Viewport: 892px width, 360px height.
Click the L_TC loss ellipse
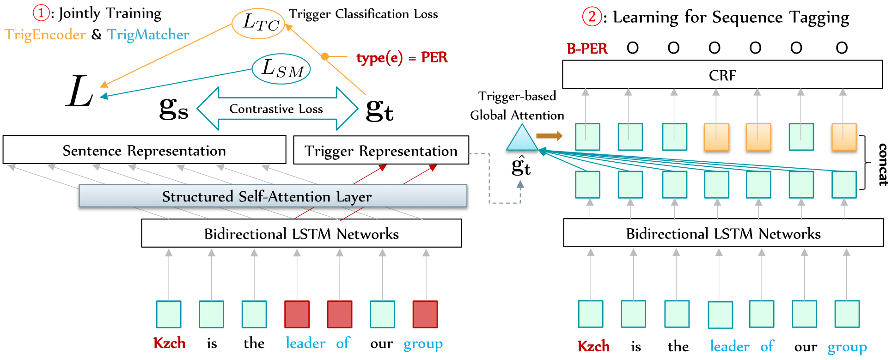(258, 23)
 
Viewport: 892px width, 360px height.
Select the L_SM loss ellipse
(281, 69)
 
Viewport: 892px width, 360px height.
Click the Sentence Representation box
(144, 150)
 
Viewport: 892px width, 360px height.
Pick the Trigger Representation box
(381, 150)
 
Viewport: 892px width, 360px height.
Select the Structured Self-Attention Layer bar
(273, 196)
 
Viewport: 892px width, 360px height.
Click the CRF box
(722, 74)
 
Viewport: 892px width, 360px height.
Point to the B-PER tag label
(587, 48)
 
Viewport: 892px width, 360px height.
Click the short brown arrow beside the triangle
(549, 135)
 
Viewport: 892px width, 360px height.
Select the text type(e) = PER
(402, 57)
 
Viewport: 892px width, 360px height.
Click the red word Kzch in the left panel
(169, 343)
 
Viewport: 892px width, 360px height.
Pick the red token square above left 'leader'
(297, 314)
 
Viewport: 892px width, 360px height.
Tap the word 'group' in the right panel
(847, 347)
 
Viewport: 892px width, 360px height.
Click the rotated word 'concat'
(882, 165)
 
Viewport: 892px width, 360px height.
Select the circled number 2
(592, 17)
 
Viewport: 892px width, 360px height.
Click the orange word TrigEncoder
(45, 35)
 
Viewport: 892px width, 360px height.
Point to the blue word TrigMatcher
(148, 35)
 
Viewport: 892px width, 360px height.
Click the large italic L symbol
(79, 92)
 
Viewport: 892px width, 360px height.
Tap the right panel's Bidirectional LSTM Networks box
(723, 233)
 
